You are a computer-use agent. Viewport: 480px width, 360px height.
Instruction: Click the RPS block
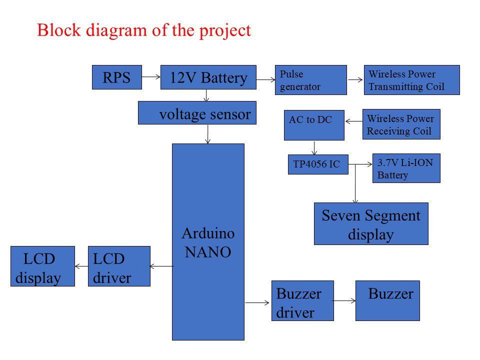(116, 77)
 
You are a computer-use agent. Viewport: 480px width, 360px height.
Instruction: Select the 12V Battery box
(208, 77)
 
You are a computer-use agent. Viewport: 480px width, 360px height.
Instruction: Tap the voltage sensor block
(197, 113)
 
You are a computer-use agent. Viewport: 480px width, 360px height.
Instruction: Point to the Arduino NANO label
(208, 243)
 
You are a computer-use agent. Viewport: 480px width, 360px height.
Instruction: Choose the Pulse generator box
(310, 80)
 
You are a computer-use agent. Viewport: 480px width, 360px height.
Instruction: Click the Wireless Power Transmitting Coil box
(411, 80)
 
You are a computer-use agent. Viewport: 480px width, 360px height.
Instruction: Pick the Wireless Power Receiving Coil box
(401, 124)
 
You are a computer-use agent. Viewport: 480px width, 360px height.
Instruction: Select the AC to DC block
(314, 125)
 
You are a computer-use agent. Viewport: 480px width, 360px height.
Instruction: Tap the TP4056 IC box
(318, 164)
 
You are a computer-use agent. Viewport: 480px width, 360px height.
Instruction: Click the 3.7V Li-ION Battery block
(406, 168)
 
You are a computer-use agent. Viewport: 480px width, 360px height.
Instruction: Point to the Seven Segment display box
(371, 223)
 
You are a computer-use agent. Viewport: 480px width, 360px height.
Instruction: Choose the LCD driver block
(119, 266)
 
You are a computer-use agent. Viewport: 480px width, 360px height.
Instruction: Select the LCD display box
(42, 266)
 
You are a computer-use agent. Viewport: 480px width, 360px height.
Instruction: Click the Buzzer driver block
(302, 300)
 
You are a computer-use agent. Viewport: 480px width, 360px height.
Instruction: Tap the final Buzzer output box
(387, 300)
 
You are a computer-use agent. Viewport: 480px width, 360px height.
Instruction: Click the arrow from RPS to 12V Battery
(151, 77)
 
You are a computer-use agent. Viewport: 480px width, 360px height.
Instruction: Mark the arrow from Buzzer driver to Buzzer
(344, 300)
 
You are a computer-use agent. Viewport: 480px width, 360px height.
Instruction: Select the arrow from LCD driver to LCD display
(81, 266)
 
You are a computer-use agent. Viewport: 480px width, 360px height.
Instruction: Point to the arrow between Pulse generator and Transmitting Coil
(355, 79)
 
